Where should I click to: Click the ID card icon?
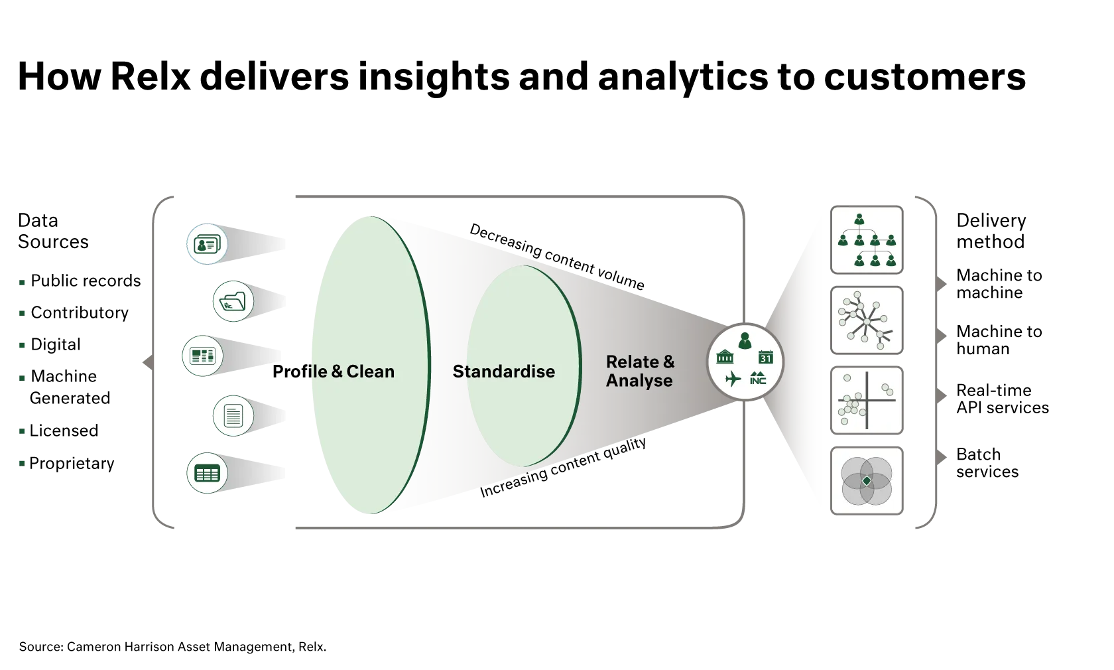tap(206, 244)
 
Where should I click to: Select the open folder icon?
tap(233, 302)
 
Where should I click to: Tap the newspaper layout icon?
tap(202, 356)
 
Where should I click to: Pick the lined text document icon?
tap(233, 416)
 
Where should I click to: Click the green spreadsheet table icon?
tap(207, 474)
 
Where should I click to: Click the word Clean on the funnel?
tap(370, 371)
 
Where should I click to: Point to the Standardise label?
tap(503, 371)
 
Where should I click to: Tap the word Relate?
tap(632, 362)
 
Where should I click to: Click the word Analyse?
tap(639, 381)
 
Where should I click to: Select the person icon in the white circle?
tap(745, 341)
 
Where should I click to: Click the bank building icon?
tap(725, 358)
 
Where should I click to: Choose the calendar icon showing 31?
tap(766, 358)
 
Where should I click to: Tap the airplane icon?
tap(733, 379)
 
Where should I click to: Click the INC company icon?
tap(758, 379)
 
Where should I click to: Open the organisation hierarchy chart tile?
tap(867, 240)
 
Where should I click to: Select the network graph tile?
tap(867, 320)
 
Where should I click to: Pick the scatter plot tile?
tap(867, 401)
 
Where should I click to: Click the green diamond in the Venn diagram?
tap(866, 480)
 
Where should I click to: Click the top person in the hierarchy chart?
tap(859, 220)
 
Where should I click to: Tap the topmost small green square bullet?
tap(21, 282)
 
